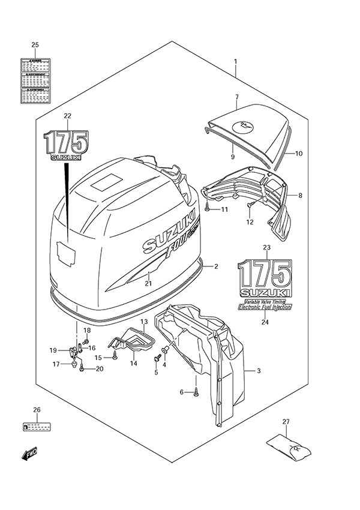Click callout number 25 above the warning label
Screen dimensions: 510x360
35,46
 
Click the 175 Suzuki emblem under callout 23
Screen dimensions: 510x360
264,277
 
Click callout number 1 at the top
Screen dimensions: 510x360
236,62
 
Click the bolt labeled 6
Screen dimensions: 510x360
196,394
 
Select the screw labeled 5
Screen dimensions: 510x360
158,358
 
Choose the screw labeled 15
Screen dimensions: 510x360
114,358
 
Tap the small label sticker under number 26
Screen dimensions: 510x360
37,428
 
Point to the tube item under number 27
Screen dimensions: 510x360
286,449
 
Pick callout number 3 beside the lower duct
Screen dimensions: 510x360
258,371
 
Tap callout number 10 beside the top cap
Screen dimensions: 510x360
298,154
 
